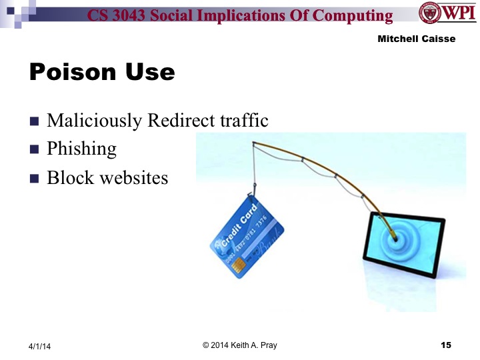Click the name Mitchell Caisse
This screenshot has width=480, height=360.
(x=417, y=39)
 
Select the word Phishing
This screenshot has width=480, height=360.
(x=81, y=149)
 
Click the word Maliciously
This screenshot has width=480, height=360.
(x=95, y=121)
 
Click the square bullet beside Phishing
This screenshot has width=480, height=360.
(x=35, y=149)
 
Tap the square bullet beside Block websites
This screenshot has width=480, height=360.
(x=35, y=179)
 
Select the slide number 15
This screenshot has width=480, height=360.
(x=446, y=345)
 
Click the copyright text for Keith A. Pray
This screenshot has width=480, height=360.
(x=239, y=345)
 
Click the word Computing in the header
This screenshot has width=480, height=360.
(x=356, y=15)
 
